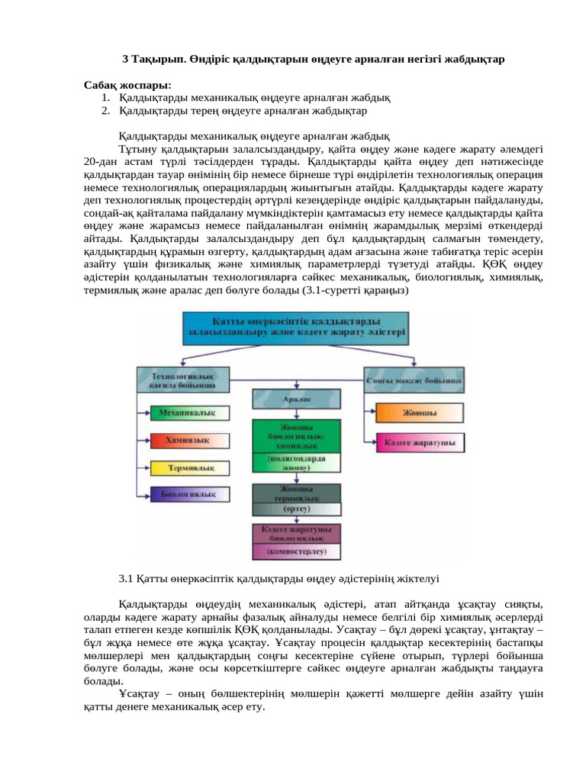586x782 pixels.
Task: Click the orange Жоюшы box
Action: click(x=420, y=413)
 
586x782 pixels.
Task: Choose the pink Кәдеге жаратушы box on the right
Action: click(x=420, y=442)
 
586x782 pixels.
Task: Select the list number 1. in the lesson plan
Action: click(x=105, y=99)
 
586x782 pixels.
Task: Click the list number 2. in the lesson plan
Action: click(x=105, y=111)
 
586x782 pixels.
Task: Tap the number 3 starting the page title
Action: click(x=126, y=59)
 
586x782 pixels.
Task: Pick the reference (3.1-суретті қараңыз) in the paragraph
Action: click(x=346, y=291)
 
